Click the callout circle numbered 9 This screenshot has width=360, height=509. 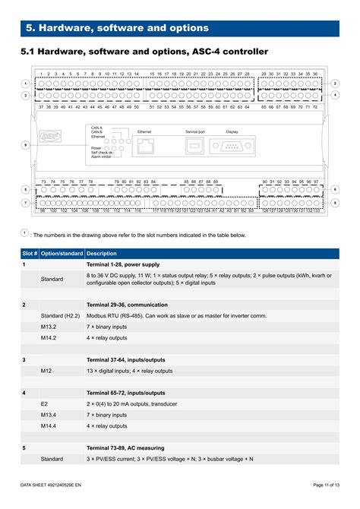coord(25,144)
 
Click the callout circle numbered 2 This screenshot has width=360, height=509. coord(335,83)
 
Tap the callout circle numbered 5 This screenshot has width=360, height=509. coord(25,190)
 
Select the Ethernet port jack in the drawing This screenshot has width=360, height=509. coord(144,148)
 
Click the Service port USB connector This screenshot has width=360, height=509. coord(194,147)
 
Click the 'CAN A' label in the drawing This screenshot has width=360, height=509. coord(96,128)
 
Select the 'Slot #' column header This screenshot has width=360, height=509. coord(30,253)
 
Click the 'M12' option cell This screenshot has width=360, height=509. coord(47,371)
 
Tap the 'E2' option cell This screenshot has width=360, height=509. coord(44,403)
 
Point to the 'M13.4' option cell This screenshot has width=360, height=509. coord(49,415)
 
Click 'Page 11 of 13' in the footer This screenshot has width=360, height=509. coord(325,485)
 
